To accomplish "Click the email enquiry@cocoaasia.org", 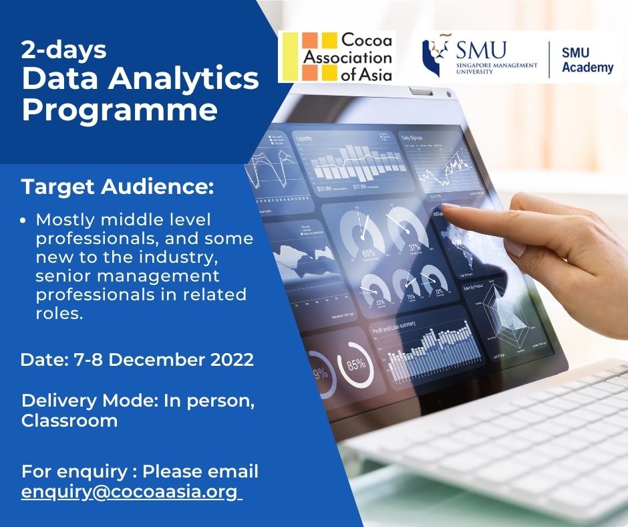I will pos(130,492).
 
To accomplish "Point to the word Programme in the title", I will pos(120,109).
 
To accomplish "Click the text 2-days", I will pos(63,49).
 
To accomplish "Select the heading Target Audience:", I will pos(118,187).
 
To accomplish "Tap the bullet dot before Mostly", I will pos(25,220).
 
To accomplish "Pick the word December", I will pos(149,359).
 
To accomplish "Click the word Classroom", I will pos(69,421).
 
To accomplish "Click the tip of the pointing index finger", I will pos(446,208).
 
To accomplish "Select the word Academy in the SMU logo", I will pos(588,68).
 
